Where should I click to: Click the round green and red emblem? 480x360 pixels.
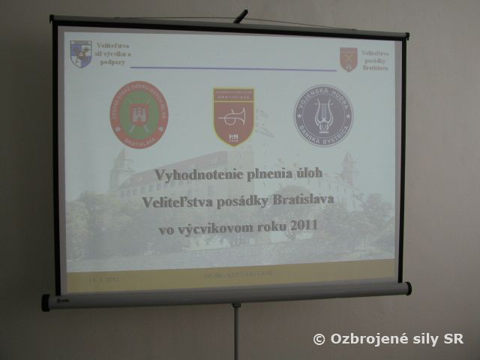tap(139, 115)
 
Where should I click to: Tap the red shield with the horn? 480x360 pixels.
tap(233, 115)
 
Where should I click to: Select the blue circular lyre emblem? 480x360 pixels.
tap(323, 115)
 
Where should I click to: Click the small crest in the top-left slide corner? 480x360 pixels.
tap(80, 53)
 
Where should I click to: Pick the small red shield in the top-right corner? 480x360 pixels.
tap(348, 59)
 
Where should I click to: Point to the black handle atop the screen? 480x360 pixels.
tap(240, 16)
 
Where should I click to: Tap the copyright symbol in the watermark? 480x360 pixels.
tap(319, 339)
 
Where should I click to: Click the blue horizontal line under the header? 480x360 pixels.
tap(225, 68)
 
